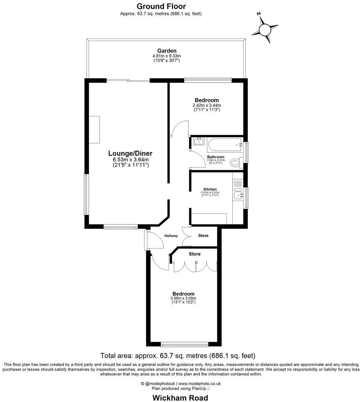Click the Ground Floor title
point(161,6)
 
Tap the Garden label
point(167,51)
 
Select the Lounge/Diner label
point(130,153)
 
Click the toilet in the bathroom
point(235,162)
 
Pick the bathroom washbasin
point(198,141)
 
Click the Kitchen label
point(210,189)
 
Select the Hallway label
point(171,236)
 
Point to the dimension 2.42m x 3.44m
point(207,105)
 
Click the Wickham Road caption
point(180,398)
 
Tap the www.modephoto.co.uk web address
point(200,383)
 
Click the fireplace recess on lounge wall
point(95,130)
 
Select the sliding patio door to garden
point(128,80)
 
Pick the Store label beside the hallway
point(203,236)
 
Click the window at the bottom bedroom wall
point(184,344)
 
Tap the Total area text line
point(178,355)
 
